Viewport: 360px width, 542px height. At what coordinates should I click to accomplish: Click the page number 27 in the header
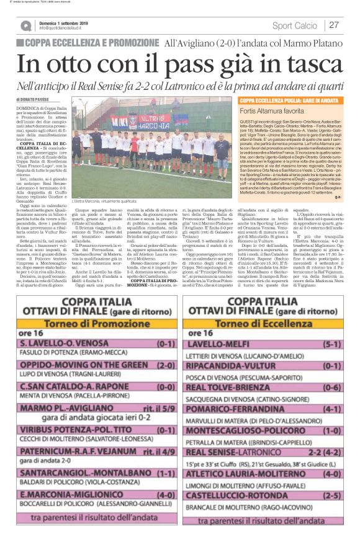pyautogui.click(x=333, y=25)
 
